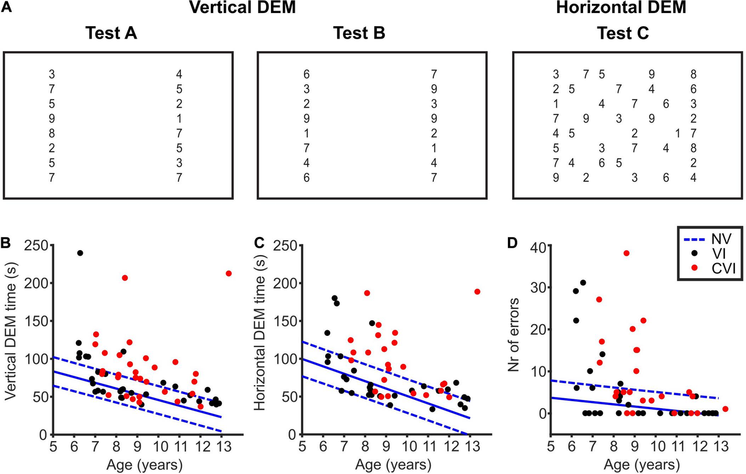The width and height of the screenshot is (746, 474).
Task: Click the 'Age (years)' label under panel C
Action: (x=387, y=463)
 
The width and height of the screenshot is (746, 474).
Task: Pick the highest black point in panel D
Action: (x=583, y=282)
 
